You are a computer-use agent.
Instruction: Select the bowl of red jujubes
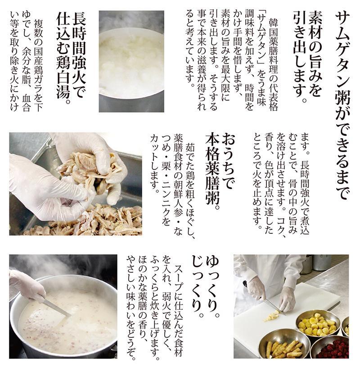pos(337,348)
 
